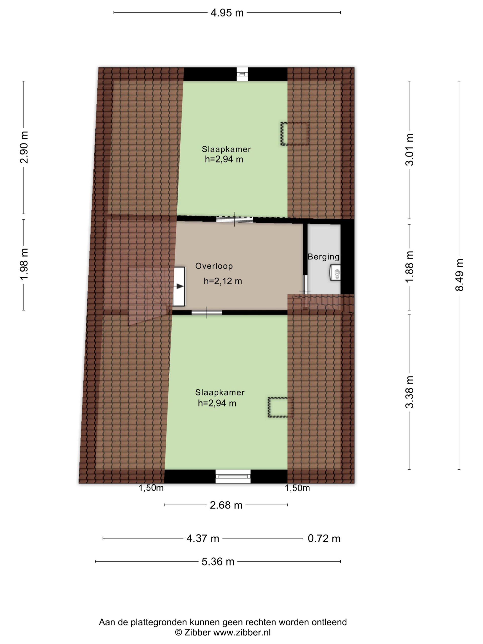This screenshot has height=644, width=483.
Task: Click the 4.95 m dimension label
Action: (x=227, y=13)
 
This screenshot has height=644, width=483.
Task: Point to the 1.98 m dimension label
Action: (x=24, y=264)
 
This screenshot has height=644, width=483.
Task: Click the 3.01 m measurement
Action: (x=409, y=149)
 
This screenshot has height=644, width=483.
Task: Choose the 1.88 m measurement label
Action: (x=409, y=266)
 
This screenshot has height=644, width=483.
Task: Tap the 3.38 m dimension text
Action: (x=409, y=392)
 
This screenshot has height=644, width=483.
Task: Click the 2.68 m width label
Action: (x=226, y=505)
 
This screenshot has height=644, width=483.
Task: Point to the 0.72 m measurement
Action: (x=324, y=538)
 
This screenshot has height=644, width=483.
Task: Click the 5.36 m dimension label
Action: (x=218, y=561)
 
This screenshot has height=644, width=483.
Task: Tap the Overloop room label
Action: (x=214, y=266)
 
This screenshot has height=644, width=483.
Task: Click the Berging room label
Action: (x=324, y=257)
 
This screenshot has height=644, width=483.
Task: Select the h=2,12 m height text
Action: (x=223, y=281)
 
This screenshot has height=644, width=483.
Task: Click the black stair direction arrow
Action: (x=180, y=286)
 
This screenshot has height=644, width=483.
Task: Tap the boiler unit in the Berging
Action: (x=335, y=272)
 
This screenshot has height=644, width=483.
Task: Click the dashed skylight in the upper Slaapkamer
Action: (x=295, y=134)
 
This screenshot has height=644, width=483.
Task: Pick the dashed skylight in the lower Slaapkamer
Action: (x=280, y=407)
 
